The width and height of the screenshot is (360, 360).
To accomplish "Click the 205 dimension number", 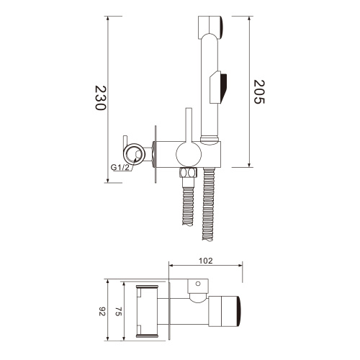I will pos(260,91).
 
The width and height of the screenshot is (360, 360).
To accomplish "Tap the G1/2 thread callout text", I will pos(121,167).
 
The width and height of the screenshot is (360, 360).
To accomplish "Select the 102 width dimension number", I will pos(206,261).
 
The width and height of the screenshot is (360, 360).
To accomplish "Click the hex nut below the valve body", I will pos(188,173).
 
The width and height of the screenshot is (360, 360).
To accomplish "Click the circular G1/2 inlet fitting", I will pos(132,153).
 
